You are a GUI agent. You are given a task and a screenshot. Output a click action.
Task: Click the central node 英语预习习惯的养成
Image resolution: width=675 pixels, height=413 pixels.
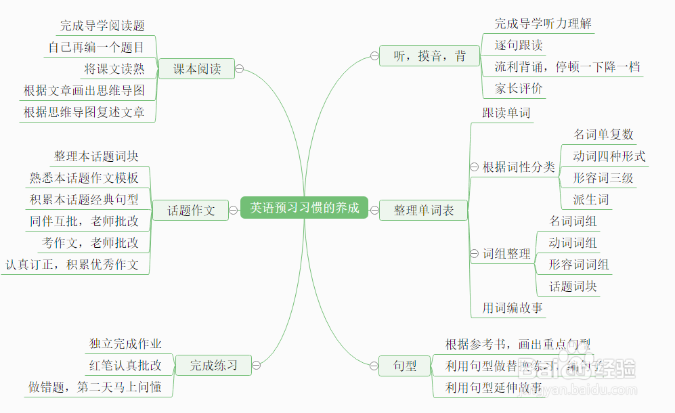304,208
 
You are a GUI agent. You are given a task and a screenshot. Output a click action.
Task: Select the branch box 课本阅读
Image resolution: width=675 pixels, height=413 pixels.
197,68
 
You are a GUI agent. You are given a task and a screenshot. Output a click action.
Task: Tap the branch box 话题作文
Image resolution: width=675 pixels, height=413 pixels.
192,211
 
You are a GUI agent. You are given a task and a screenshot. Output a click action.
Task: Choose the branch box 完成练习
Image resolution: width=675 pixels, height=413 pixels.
213,366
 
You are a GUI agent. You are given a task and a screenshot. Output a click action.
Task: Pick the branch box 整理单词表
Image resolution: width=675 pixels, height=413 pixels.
424,211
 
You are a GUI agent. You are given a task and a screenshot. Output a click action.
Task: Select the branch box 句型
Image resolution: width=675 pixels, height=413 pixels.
405,366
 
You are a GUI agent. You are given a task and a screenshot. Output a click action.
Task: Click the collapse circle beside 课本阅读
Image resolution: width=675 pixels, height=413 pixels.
240,68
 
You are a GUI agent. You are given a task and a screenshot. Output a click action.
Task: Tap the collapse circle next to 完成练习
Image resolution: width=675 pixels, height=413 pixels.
256,366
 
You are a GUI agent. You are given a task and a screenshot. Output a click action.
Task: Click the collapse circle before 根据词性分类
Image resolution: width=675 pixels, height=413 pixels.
475,167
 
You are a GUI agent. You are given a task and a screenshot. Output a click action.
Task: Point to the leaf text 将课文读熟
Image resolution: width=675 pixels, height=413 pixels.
114,69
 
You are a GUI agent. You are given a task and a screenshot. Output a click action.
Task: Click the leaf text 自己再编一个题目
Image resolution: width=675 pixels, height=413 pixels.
96,47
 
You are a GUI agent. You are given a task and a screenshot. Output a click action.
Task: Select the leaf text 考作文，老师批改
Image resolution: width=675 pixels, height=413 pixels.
91,242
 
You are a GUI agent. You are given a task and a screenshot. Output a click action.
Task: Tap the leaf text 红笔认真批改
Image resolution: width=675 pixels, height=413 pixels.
126,366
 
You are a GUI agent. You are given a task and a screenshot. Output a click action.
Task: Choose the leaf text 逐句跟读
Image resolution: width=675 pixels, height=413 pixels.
519,45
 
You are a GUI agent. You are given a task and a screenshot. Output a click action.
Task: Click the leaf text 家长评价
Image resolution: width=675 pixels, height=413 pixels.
519,89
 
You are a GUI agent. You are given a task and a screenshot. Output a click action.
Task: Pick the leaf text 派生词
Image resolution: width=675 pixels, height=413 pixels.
591,200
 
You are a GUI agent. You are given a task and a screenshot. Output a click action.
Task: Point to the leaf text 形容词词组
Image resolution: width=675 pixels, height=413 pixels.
579,265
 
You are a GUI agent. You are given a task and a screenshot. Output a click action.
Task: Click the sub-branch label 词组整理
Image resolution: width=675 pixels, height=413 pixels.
506,254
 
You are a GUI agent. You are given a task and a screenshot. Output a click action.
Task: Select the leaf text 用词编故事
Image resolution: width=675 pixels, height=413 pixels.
513,308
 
